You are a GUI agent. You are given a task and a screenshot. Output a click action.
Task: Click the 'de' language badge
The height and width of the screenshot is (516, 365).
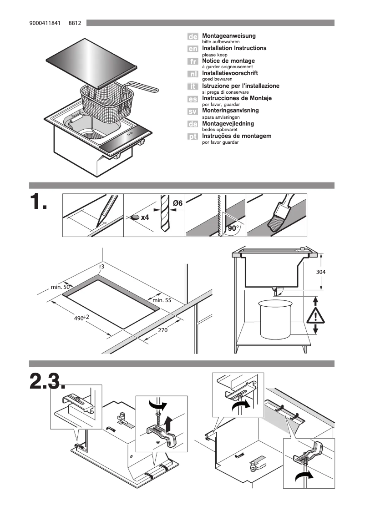pos(193,36)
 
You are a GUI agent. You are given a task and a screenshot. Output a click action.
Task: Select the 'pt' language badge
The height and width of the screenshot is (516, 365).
pos(193,137)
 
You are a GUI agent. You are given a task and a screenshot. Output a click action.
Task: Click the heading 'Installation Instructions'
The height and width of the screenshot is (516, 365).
pos(234,48)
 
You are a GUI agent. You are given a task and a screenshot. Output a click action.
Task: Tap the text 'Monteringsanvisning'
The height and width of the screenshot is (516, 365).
pos(230,111)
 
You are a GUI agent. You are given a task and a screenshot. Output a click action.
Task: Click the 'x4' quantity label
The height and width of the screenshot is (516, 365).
pos(145,218)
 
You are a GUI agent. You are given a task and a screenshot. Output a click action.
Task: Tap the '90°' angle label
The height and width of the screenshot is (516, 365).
pos(233,229)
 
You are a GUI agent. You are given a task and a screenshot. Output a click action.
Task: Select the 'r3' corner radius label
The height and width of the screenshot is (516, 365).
pos(101,267)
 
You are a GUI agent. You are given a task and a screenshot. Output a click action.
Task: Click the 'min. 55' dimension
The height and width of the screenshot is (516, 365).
pos(162,300)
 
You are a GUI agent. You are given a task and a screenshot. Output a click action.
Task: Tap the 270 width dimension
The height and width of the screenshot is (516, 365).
pos(163,330)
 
